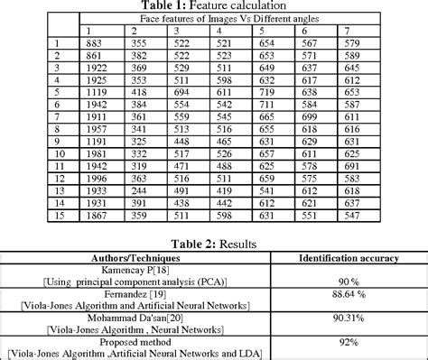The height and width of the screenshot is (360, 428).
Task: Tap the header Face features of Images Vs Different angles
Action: point(215,18)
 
